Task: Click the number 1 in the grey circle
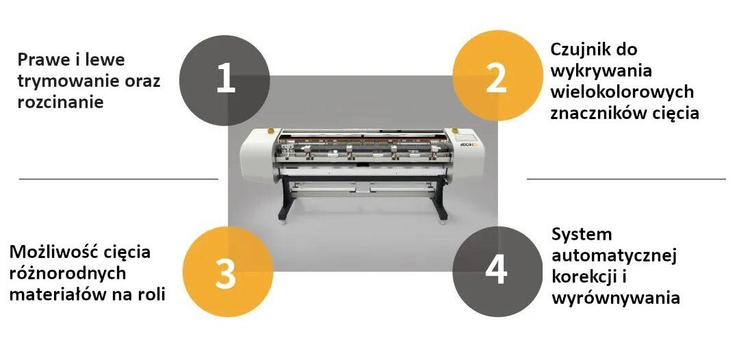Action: tap(226, 79)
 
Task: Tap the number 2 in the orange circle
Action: tap(496, 79)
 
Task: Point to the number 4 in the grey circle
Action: tap(496, 270)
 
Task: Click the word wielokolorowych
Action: tap(622, 92)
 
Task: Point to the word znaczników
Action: tap(595, 113)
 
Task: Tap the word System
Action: tap(582, 234)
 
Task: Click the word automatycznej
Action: tap(614, 256)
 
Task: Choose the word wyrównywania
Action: tap(616, 298)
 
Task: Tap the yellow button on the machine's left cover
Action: tap(270, 129)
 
